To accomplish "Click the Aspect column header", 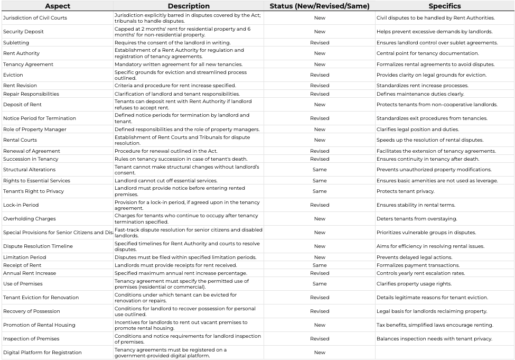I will pos(57,6).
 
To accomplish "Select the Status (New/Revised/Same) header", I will pos(320,6).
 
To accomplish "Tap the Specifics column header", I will pos(444,6).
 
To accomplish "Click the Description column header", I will pos(189,6).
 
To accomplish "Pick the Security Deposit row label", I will pos(23,32).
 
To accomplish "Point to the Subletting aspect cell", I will pos(16,43).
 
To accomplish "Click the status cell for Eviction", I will pos(320,75).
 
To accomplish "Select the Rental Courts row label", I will pos(20,140).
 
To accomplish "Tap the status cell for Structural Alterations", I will pos(320,170).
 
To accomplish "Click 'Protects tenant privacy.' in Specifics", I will pos(403,191).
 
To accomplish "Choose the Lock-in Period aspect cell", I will pos(21,205).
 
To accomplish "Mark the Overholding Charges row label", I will pos(29,219).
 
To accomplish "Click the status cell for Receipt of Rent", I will pos(320,265).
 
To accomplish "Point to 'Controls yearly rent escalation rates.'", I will pos(420,273).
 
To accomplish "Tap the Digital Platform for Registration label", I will pos(42,353).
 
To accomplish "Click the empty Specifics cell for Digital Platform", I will pos(444,353).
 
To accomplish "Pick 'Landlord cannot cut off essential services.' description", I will pos(166,181).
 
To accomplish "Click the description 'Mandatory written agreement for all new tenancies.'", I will pos(179,64).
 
